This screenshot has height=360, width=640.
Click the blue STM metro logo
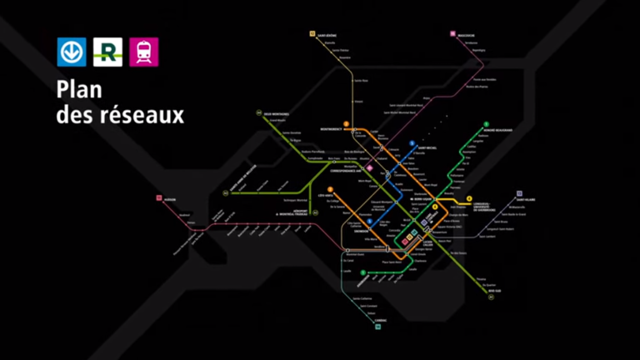(x=72, y=52)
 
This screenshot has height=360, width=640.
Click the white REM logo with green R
(x=107, y=52)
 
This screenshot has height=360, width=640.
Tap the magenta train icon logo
(x=143, y=52)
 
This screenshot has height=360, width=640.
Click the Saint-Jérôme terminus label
(x=326, y=35)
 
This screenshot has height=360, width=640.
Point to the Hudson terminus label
(x=170, y=198)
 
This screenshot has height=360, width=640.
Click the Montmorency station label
(x=332, y=129)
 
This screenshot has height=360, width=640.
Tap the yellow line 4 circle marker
(x=469, y=198)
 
